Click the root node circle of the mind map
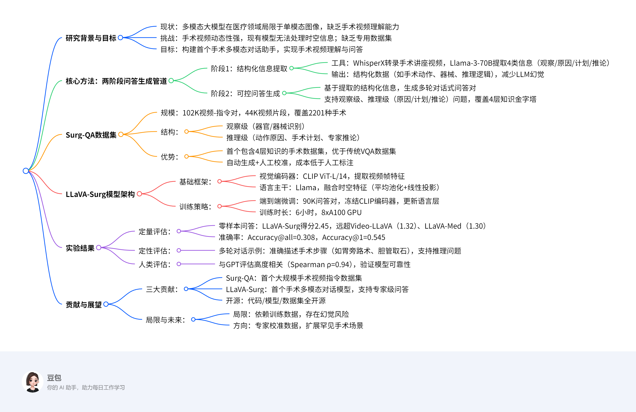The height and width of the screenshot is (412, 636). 26,171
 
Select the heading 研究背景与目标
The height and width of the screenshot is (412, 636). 91,38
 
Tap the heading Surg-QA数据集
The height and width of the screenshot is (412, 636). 91,135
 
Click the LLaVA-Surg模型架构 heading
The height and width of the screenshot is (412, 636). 100,194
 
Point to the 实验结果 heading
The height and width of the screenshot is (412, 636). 80,248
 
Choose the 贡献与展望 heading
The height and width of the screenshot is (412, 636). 84,304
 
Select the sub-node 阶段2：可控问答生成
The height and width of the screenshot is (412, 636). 245,93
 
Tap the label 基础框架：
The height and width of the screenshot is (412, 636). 195,182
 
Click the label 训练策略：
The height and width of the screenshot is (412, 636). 195,207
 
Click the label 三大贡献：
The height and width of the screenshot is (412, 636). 162,289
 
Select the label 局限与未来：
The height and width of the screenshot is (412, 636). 165,320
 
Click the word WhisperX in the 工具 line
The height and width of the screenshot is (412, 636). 368,63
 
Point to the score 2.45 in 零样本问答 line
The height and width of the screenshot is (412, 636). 321,226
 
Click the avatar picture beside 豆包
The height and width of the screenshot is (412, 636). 33,382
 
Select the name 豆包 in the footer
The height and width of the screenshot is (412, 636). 54,378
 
